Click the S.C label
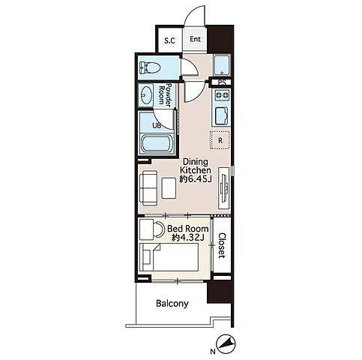170,40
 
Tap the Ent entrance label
195,39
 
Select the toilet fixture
150,67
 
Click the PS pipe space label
222,82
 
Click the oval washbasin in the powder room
145,94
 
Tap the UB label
157,126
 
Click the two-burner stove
221,95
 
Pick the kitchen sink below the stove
221,115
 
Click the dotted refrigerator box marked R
220,140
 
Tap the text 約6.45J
196,179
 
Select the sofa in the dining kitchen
148,188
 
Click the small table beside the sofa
169,187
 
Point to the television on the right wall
223,187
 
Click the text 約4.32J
188,238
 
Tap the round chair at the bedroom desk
158,229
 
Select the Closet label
222,246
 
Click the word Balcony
172,304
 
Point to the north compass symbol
226,345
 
